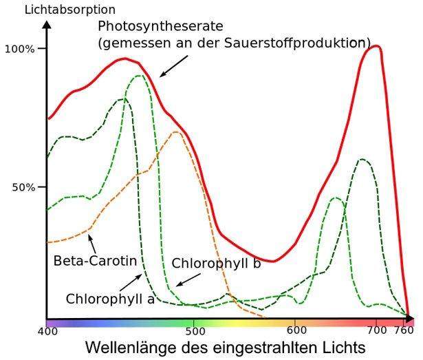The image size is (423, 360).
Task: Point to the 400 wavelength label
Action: pos(47,332)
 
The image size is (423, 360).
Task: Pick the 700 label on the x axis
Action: pos(376,332)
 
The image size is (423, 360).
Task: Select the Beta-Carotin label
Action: pos(94,262)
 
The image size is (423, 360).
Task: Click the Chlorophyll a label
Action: pos(110,299)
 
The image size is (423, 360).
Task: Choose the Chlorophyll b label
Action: pos(216,264)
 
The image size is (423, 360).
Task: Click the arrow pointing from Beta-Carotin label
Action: pos(91,242)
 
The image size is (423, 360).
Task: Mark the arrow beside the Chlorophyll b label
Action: pos(188,277)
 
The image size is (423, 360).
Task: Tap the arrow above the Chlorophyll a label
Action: pos(131,282)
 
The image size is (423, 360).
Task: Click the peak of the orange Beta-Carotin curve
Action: pos(177,131)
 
